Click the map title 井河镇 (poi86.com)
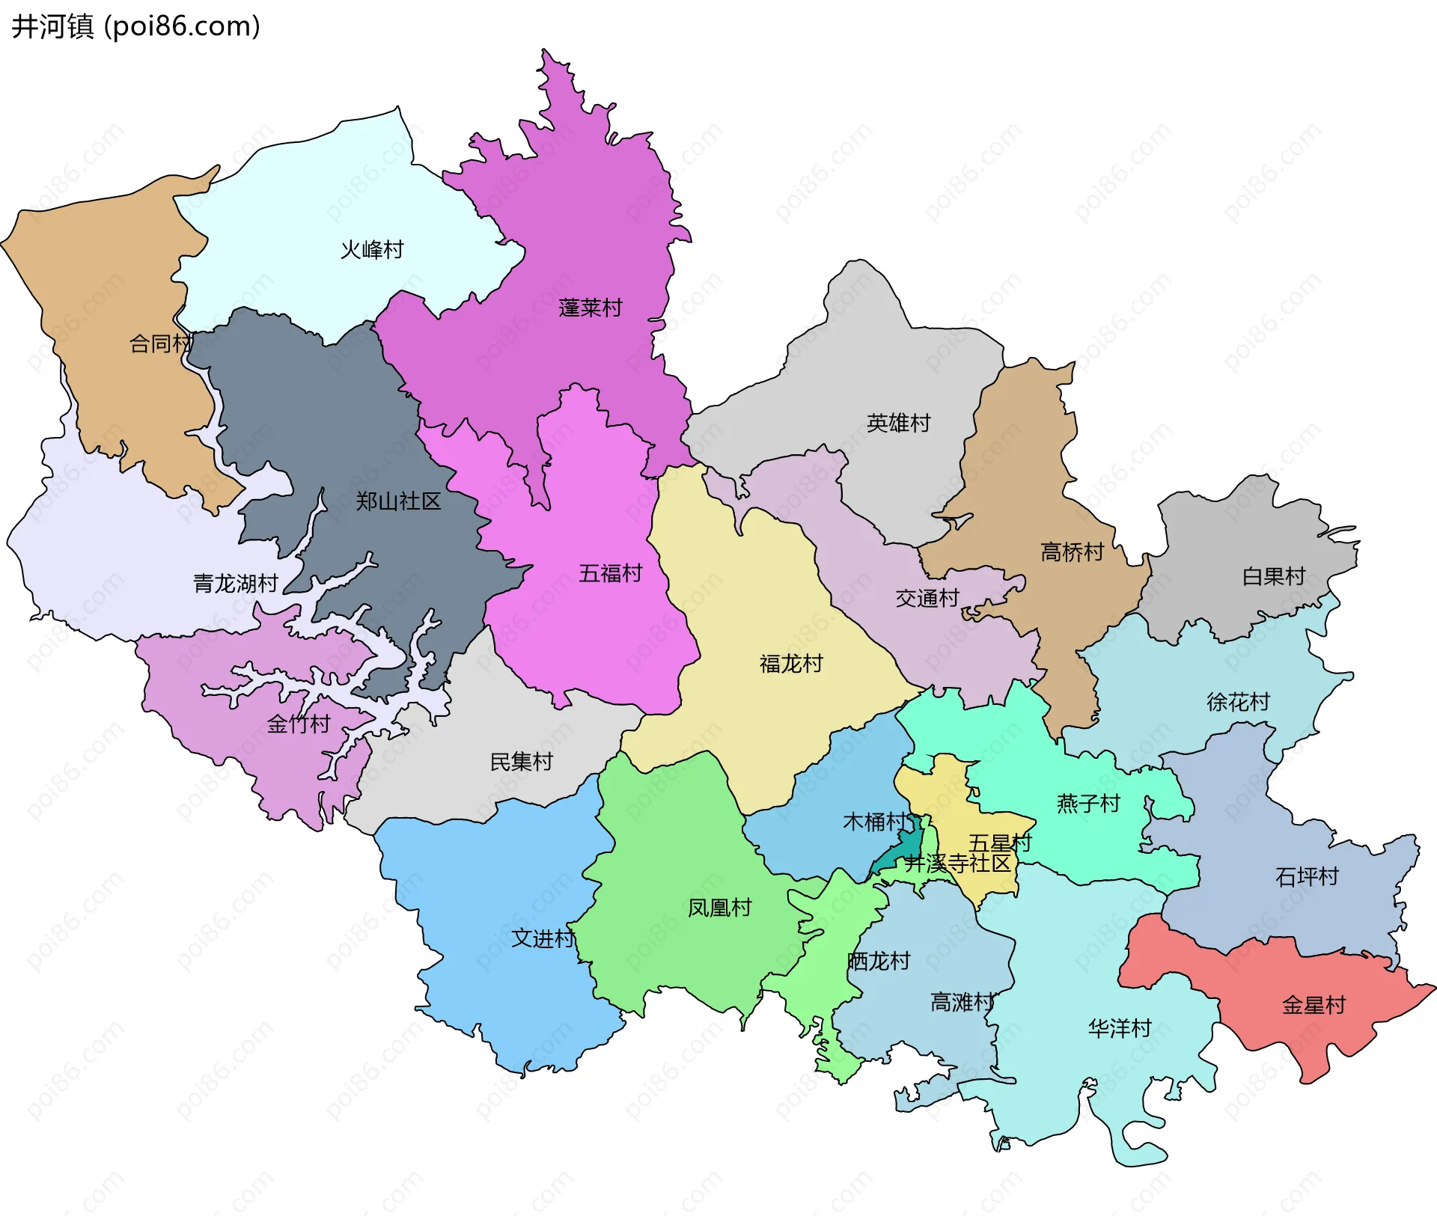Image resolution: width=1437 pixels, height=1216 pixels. tap(135, 26)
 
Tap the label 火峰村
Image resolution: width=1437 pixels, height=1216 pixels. tap(372, 249)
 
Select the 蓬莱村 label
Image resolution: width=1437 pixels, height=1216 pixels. tap(590, 308)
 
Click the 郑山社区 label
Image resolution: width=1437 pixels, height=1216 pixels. tap(398, 501)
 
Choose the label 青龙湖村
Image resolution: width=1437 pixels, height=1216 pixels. tap(236, 583)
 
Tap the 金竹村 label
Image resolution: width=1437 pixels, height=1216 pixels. tap(299, 724)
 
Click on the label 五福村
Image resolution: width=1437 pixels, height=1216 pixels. tap(610, 573)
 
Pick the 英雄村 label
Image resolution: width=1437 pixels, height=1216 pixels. tap(898, 423)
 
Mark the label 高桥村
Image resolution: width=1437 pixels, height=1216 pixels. tap(1072, 552)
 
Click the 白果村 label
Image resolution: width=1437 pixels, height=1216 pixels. tap(1273, 576)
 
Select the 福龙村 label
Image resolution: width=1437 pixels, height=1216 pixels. tap(791, 663)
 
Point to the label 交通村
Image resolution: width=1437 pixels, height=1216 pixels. tap(927, 598)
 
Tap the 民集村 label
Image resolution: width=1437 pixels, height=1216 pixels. tap(521, 762)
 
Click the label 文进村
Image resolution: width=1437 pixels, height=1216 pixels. tap(543, 938)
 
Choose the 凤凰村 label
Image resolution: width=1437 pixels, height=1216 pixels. tap(719, 908)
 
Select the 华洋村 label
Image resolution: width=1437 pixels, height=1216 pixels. tap(1119, 1028)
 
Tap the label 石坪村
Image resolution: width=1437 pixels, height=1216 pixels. tap(1307, 876)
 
